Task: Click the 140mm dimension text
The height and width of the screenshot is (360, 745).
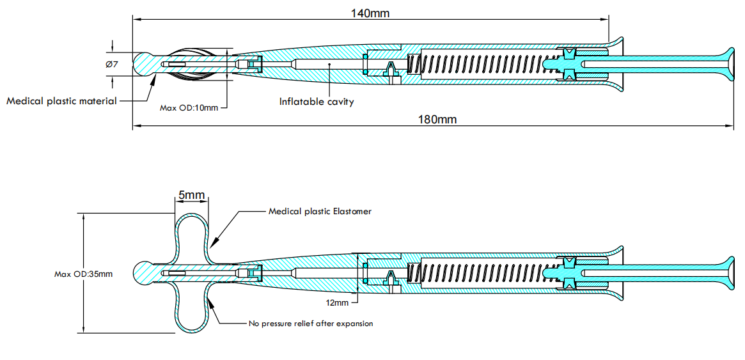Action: pos(370,13)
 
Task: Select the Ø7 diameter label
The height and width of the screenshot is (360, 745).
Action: pos(111,65)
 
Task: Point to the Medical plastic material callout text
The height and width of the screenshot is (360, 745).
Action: pos(61,101)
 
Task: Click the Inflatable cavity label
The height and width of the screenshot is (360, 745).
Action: pos(316,102)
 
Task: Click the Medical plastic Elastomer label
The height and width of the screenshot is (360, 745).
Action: pos(320,211)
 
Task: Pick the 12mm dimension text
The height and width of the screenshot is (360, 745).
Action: pos(338,302)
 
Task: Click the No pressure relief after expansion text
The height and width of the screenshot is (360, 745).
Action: pos(311,324)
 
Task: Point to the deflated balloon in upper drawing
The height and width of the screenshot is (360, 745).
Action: pos(195,65)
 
